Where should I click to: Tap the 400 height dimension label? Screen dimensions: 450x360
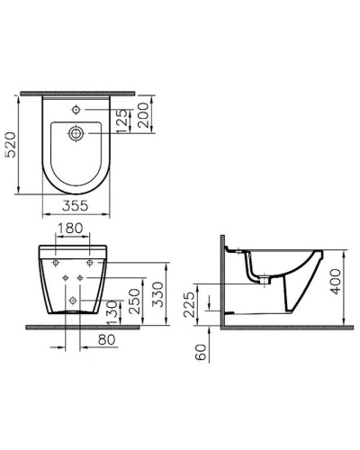[x=334, y=285]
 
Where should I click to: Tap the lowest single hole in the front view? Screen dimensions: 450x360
[x=68, y=296]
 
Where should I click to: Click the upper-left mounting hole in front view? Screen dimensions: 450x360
[x=56, y=264]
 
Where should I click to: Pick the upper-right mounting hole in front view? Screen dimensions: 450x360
[x=91, y=264]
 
